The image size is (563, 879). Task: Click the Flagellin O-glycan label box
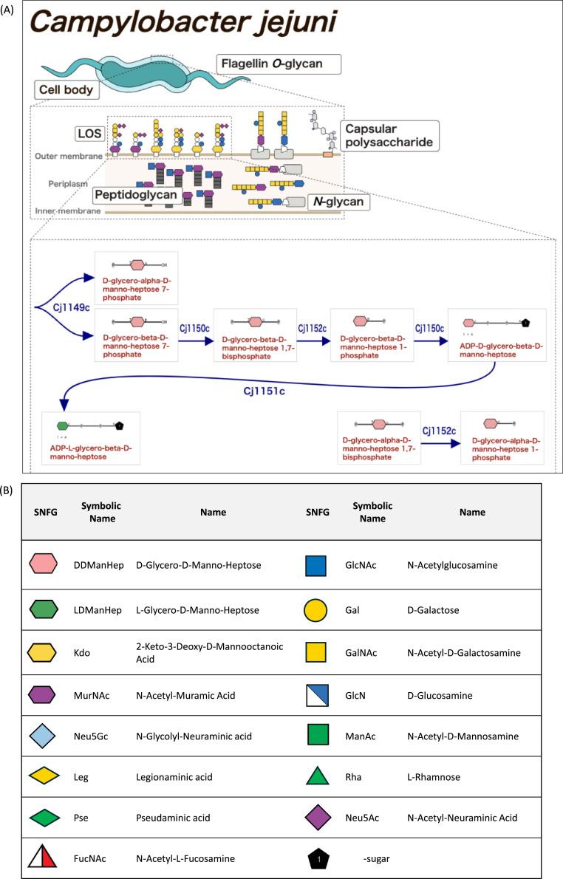coord(280,64)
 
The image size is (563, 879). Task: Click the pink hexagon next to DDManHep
coord(44,566)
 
